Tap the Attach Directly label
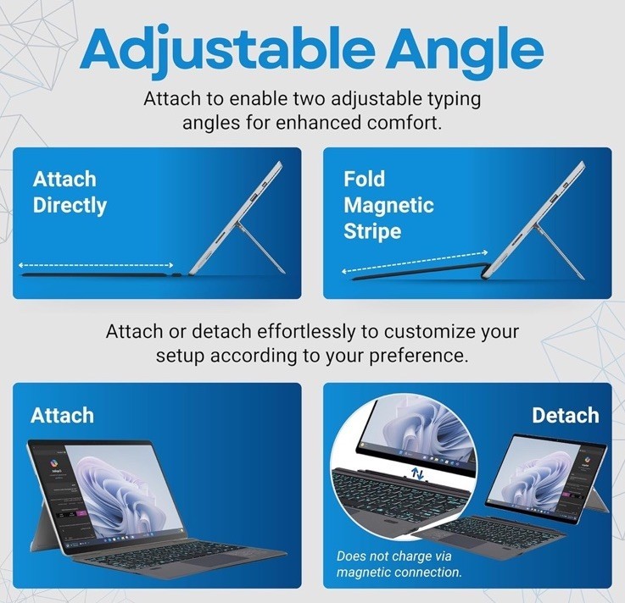70,192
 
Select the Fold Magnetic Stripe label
388,205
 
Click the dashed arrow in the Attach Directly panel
96,265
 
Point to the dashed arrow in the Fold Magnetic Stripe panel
415,263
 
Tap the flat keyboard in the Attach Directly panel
102,275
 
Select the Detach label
565,415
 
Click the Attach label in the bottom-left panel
62,415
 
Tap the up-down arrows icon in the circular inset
417,473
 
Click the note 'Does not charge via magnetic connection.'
399,564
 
